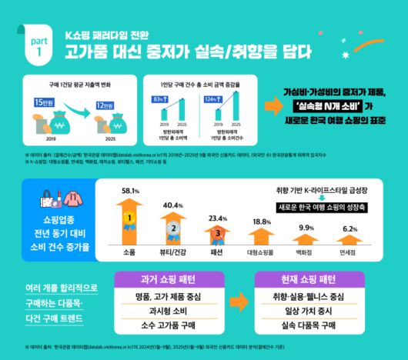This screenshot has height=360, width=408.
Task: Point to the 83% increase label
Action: pyautogui.click(x=161, y=99)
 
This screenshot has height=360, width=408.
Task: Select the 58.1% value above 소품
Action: pyautogui.click(x=130, y=190)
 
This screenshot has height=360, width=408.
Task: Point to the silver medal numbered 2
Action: pyautogui.click(x=174, y=227)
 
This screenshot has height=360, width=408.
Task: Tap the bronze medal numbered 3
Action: pyautogui.click(x=218, y=232)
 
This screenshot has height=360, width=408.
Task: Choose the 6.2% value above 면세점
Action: pyautogui.click(x=350, y=229)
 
